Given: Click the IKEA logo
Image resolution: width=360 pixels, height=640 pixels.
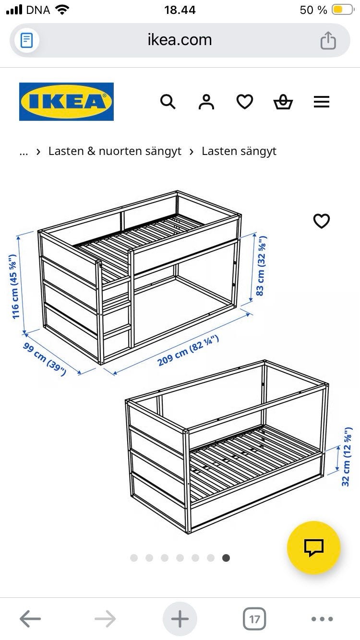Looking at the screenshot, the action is [66, 101].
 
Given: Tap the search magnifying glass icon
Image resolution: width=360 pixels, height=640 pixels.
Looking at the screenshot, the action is [168, 102].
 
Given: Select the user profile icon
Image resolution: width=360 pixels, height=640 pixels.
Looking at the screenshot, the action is [206, 102].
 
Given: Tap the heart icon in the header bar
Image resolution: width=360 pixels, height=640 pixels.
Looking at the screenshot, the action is [245, 102].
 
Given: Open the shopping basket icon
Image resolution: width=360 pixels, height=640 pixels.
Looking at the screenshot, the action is [283, 102].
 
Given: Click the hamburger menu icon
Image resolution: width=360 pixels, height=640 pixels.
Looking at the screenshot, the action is [322, 102].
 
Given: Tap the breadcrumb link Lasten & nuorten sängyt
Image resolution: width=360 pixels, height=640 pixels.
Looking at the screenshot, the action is [115, 151].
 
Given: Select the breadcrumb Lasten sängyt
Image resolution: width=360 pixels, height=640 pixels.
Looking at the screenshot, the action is [239, 151].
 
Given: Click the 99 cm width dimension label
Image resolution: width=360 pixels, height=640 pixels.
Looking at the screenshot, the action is [45, 359].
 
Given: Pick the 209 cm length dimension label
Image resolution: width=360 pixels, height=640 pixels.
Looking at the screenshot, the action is [188, 351].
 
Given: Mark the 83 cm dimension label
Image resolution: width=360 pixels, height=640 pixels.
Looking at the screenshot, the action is [261, 266].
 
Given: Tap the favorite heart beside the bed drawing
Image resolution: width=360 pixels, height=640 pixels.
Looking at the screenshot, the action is [322, 221].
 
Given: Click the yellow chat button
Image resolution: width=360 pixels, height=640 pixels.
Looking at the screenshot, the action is [313, 547].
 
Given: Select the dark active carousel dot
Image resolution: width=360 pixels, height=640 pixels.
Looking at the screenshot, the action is [226, 557].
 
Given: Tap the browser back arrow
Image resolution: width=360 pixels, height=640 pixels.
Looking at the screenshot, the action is [30, 618].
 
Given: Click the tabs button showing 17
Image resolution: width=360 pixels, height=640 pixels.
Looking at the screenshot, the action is [254, 619].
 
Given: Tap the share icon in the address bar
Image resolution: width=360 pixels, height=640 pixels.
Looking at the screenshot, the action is [328, 40].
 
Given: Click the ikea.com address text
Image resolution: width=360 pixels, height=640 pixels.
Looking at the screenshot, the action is [180, 40].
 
